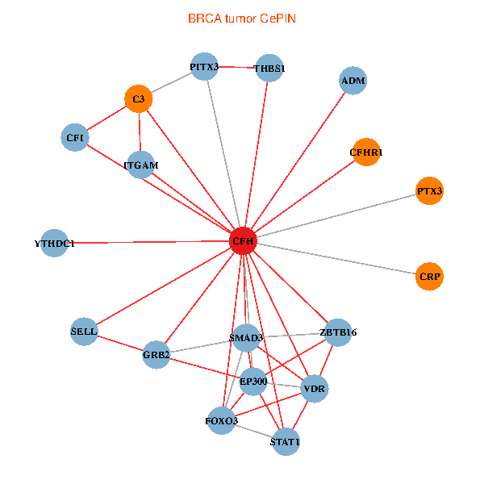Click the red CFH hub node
(x=244, y=240)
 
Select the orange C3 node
(x=139, y=98)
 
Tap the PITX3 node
(x=204, y=67)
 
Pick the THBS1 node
(x=269, y=69)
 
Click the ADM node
(x=353, y=81)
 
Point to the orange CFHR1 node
(x=366, y=152)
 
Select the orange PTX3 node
(x=429, y=190)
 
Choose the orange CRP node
(x=429, y=277)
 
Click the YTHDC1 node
(x=54, y=244)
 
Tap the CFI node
(x=75, y=137)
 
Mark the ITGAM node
(x=141, y=165)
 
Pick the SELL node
(x=84, y=332)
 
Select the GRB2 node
(x=156, y=355)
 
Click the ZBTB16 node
(x=338, y=332)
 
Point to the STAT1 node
(x=286, y=442)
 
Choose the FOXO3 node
(x=222, y=421)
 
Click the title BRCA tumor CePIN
(x=242, y=19)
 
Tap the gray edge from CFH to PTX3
(x=336, y=215)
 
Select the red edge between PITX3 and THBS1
(x=236, y=67)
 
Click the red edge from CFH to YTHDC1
(x=148, y=242)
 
